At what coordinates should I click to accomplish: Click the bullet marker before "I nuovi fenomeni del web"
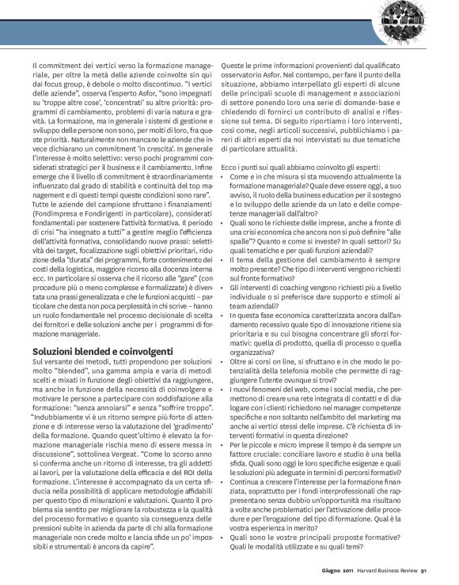224,381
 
